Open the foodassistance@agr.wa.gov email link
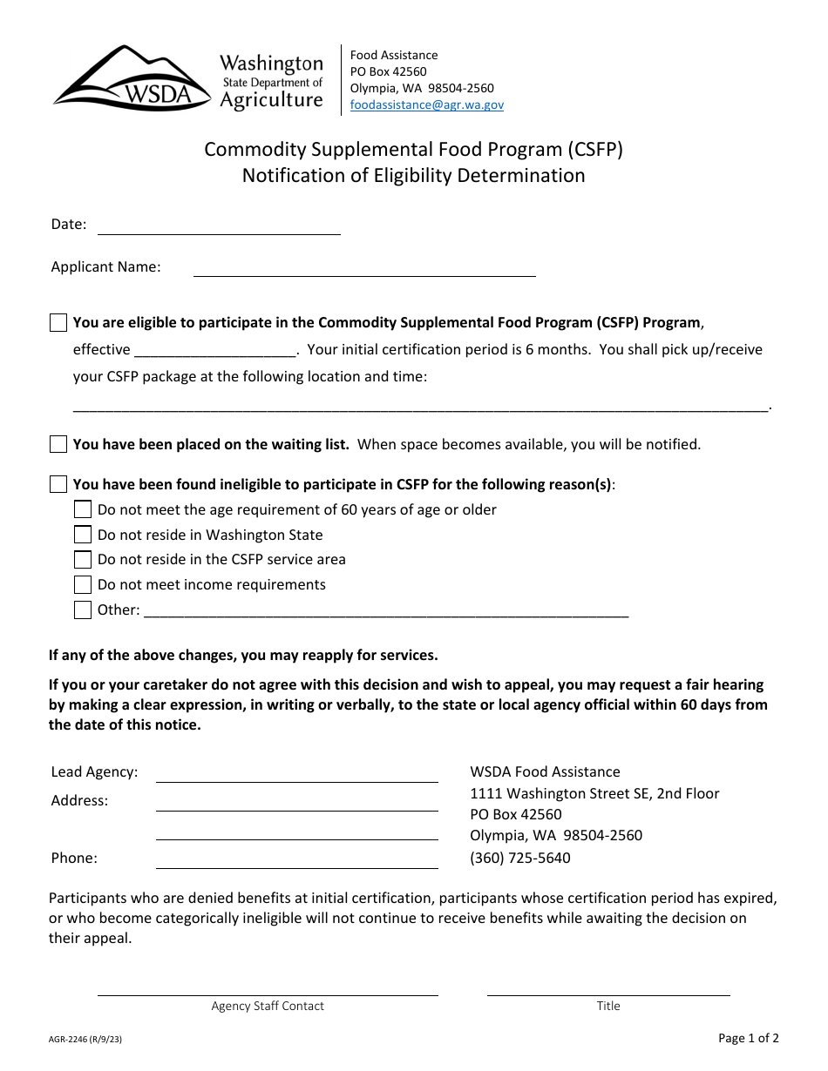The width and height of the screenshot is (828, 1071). (x=426, y=104)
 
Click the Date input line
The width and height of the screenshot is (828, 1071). (x=218, y=226)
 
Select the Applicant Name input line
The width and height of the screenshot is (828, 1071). (x=363, y=268)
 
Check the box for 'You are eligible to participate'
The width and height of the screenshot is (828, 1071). (x=58, y=323)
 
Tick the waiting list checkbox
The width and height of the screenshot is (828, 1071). (x=58, y=444)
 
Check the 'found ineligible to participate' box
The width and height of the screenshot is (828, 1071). (x=58, y=484)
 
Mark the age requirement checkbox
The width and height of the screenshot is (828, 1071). (x=83, y=509)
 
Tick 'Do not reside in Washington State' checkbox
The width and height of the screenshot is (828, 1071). (x=83, y=535)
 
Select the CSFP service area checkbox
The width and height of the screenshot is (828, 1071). (x=83, y=559)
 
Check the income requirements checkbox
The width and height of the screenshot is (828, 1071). (x=83, y=584)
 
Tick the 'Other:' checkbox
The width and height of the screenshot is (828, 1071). (x=83, y=610)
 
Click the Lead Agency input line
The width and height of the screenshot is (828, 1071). (x=296, y=774)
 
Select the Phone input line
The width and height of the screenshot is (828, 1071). (x=296, y=860)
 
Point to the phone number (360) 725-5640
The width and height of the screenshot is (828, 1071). (x=520, y=858)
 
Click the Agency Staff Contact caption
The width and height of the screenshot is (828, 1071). (x=268, y=1006)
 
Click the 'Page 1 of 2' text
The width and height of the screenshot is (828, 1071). (x=748, y=1038)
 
